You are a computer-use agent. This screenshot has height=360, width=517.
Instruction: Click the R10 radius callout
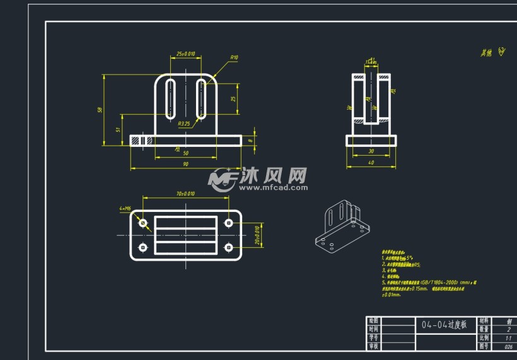pyautogui.click(x=233, y=57)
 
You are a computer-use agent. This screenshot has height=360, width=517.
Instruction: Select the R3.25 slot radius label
pyautogui.click(x=184, y=124)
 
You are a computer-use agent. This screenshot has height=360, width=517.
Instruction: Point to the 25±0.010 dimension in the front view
pyautogui.click(x=186, y=54)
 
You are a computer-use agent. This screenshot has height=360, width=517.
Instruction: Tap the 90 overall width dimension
pyautogui.click(x=185, y=164)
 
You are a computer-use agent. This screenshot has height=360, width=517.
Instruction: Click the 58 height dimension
pyautogui.click(x=100, y=110)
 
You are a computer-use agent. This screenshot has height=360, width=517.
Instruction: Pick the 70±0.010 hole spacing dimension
pyautogui.click(x=186, y=194)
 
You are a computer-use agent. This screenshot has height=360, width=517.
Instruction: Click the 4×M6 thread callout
pyautogui.click(x=124, y=208)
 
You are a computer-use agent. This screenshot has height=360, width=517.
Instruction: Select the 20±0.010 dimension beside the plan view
pyautogui.click(x=257, y=235)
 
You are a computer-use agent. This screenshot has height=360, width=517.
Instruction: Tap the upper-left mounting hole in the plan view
pyautogui.click(x=143, y=223)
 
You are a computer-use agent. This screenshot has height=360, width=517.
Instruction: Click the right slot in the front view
pyautogui.click(x=201, y=98)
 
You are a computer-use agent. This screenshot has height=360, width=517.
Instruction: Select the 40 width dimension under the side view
pyautogui.click(x=371, y=163)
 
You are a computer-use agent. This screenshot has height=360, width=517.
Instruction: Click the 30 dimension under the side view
pyautogui.click(x=371, y=151)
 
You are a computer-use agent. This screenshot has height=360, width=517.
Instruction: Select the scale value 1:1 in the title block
pyautogui.click(x=508, y=338)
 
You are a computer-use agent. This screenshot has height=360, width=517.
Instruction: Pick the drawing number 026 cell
pyautogui.click(x=508, y=346)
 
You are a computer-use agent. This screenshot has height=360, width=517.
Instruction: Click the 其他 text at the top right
pyautogui.click(x=487, y=53)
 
